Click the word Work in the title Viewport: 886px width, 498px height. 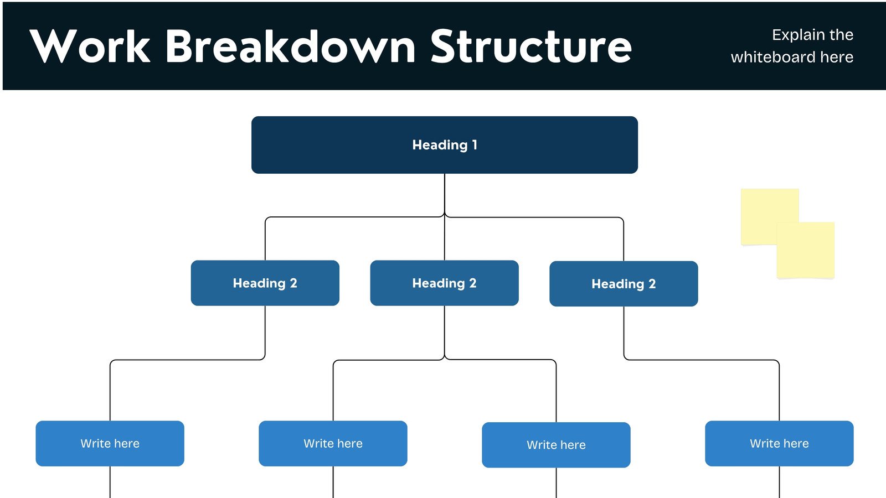(x=90, y=46)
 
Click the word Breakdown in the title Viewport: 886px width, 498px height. (x=290, y=46)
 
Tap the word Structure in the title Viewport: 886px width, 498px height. (x=530, y=46)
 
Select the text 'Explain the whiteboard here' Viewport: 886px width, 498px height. (x=792, y=46)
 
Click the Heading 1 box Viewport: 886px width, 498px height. (x=444, y=145)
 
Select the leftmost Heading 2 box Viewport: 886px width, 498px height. (x=265, y=283)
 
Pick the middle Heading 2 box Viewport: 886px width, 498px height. (x=444, y=283)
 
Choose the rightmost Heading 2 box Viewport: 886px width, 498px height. (x=624, y=284)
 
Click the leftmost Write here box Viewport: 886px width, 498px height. (x=110, y=443)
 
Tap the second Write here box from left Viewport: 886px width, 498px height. (x=333, y=443)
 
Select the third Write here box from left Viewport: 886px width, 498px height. (x=556, y=445)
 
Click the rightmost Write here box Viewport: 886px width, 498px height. (x=779, y=443)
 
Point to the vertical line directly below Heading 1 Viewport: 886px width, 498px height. (x=445, y=194)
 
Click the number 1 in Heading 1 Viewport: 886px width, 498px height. (x=475, y=145)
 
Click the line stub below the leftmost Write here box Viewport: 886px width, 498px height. (x=110, y=483)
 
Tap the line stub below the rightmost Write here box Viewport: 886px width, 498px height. (x=780, y=483)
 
